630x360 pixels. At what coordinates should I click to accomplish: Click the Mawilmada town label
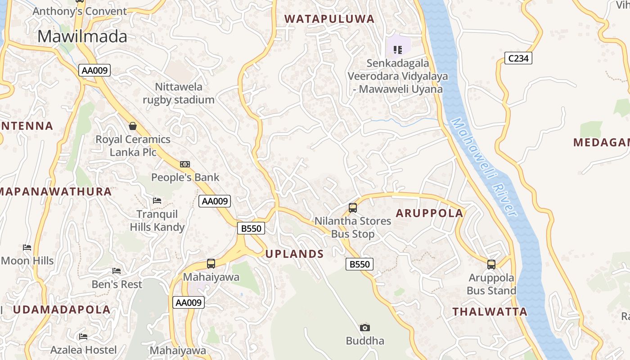(x=82, y=36)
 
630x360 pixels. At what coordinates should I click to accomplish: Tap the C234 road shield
(x=518, y=58)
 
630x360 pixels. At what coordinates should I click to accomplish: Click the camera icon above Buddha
(x=365, y=328)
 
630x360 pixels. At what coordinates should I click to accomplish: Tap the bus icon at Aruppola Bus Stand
(x=491, y=264)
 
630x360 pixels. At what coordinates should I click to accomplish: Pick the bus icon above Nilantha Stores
(x=353, y=208)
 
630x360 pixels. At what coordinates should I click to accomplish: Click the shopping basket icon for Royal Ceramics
(x=133, y=126)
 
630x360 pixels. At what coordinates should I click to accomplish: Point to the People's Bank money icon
(x=184, y=164)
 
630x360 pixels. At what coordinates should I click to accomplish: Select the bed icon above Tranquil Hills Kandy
(x=157, y=200)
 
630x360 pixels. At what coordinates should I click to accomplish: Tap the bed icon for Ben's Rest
(x=117, y=271)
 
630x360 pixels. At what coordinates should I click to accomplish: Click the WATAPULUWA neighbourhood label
(x=329, y=19)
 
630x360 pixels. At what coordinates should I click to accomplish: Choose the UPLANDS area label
(x=294, y=254)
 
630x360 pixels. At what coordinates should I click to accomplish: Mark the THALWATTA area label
(x=490, y=311)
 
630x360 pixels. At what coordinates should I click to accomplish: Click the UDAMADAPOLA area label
(x=62, y=310)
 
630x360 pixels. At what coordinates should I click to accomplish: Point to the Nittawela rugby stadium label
(x=179, y=93)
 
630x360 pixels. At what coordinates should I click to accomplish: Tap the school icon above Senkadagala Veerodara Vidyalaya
(x=398, y=49)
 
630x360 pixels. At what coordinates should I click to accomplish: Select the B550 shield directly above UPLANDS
(x=251, y=228)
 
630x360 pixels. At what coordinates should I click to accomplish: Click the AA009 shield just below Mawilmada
(x=94, y=70)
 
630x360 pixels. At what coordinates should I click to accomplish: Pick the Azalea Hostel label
(x=83, y=350)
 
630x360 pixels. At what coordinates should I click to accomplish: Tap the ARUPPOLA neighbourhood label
(x=429, y=213)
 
